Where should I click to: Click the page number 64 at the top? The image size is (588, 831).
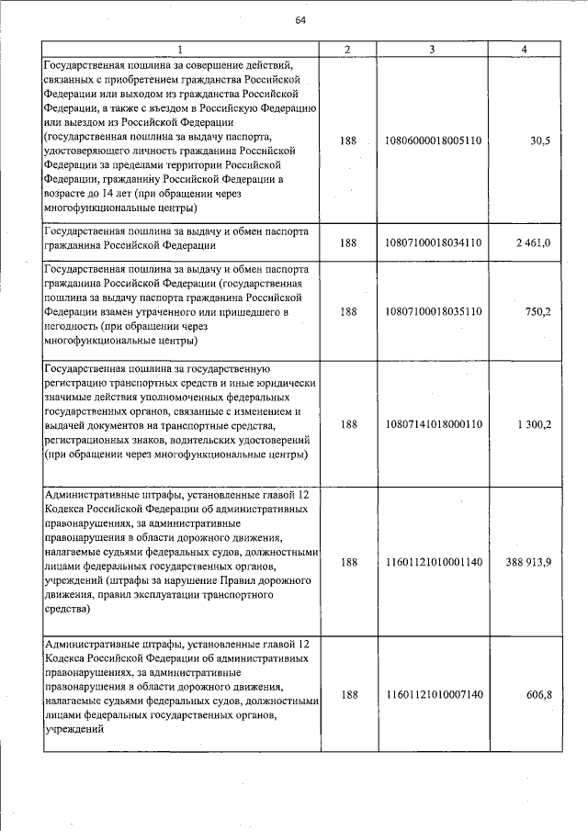point(300,22)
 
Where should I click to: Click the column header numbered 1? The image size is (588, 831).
point(181,49)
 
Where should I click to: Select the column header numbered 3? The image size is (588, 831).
point(432,49)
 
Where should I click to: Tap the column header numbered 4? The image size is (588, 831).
point(524,49)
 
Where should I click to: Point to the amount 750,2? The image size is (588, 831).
point(537,311)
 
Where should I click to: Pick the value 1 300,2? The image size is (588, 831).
point(533,424)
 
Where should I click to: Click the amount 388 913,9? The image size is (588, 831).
point(528,563)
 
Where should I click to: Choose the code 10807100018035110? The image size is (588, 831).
point(435,311)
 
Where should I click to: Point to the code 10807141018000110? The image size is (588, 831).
point(435,424)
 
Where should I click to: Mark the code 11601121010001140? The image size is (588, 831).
point(435,563)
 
